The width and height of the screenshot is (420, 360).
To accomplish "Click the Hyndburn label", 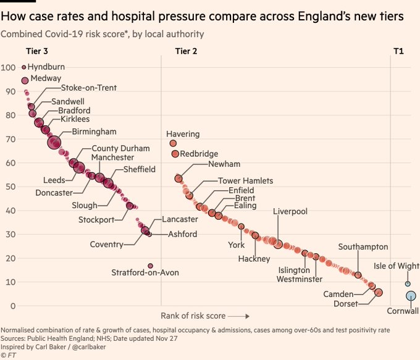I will pyautogui.click(x=46, y=67).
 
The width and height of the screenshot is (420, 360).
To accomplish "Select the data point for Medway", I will pyautogui.click(x=25, y=80).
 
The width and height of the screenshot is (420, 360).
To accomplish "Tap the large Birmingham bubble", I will pyautogui.click(x=54, y=143).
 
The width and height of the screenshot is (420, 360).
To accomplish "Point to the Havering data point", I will pyautogui.click(x=173, y=143).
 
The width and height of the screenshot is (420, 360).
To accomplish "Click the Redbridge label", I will pyautogui.click(x=199, y=154).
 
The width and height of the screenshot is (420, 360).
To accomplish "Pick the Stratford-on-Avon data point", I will pyautogui.click(x=150, y=266).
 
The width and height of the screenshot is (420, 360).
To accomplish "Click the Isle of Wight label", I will pyautogui.click(x=396, y=266).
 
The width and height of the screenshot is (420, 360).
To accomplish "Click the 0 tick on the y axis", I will pyautogui.click(x=12, y=306).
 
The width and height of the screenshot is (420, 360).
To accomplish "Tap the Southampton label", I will pyautogui.click(x=363, y=247).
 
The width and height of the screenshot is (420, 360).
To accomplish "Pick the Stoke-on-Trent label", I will pyautogui.click(x=88, y=88).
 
